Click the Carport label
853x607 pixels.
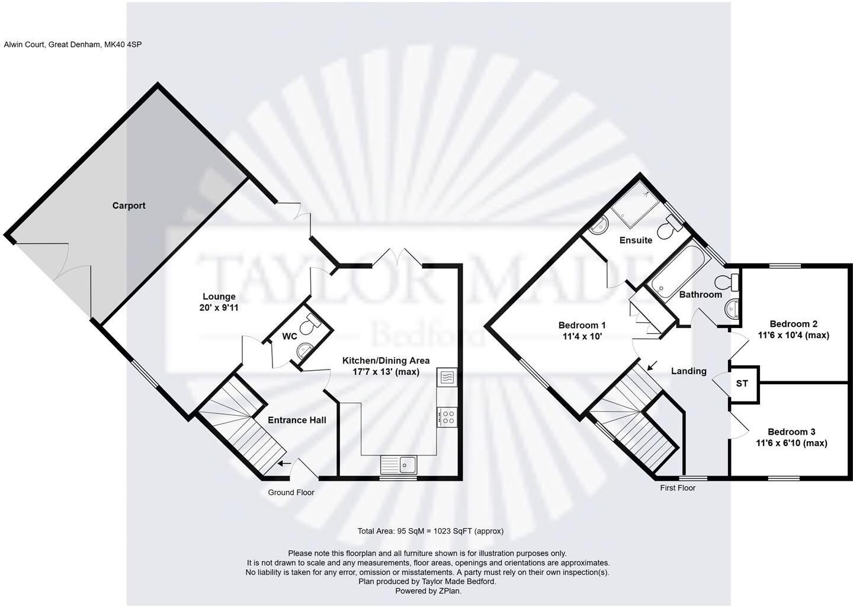129,205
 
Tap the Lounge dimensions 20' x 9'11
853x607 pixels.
219,308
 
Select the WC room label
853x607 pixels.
289,336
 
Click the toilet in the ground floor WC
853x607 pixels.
309,325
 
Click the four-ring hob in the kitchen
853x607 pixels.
447,416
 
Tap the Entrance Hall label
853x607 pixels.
297,420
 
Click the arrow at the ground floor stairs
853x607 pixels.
285,464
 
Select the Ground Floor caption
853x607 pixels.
291,492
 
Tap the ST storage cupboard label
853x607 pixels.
742,383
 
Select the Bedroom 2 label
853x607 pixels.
793,324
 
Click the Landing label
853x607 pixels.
688,371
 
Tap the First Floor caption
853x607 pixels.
678,487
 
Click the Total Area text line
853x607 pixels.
430,531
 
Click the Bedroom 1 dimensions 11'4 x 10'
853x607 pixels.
582,336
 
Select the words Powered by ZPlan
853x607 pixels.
428,590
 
